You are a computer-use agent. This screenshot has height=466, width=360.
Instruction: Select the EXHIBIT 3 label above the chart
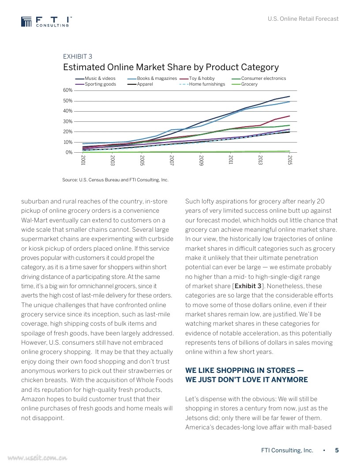point(78,56)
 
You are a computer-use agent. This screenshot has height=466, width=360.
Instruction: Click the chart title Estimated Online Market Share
point(171,67)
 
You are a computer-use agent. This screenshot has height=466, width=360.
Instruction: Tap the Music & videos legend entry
point(100,79)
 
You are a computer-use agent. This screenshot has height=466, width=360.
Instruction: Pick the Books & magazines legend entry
point(157,79)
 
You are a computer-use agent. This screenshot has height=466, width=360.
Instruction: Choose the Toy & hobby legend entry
point(202,79)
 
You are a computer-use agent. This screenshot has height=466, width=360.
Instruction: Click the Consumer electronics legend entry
point(263,79)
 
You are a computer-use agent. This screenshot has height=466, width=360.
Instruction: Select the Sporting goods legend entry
point(100,84)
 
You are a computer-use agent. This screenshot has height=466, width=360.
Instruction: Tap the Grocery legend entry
point(249,84)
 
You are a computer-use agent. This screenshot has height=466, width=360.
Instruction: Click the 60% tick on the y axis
point(67,90)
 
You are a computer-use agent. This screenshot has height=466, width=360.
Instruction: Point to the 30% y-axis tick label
point(67,121)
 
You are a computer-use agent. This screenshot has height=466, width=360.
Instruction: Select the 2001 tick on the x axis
point(83,160)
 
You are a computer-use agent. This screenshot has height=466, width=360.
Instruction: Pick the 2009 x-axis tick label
point(201,160)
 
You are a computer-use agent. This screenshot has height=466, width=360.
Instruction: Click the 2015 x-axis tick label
point(289,160)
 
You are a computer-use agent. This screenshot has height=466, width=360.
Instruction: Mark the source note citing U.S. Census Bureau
point(115,180)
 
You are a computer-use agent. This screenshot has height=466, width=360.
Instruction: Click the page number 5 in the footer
point(337,451)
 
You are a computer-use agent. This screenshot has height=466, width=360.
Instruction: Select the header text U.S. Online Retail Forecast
point(304,19)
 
